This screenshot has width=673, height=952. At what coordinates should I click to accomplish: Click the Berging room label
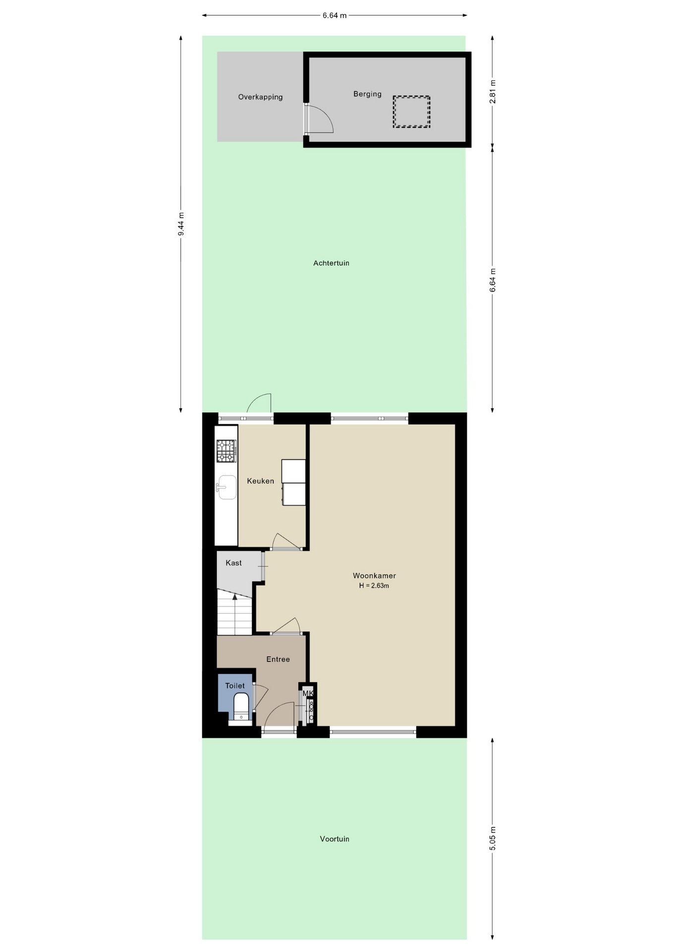[x=367, y=94]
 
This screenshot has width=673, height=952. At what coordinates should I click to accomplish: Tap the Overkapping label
[x=260, y=97]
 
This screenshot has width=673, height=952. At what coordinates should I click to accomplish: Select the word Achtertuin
[x=331, y=263]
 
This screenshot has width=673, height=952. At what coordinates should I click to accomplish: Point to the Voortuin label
[x=335, y=839]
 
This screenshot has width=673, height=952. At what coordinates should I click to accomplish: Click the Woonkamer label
[x=374, y=576]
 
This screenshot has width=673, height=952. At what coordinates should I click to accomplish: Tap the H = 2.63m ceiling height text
[x=374, y=586]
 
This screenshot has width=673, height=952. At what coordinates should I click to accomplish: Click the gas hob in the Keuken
[x=226, y=451]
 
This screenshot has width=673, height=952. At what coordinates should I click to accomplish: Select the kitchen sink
[x=226, y=487]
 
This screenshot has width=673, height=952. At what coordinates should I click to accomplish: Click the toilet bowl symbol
[x=241, y=707]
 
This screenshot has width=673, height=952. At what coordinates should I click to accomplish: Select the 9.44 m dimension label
[x=181, y=225]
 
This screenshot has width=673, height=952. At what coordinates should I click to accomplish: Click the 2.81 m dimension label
[x=493, y=92]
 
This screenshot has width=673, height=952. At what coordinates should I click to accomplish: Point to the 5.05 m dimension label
[x=493, y=838]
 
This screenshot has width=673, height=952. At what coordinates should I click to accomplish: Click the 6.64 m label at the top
[x=335, y=15]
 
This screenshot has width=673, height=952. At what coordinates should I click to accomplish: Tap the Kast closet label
[x=233, y=563]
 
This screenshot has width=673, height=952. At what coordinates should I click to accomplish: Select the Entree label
[x=278, y=659]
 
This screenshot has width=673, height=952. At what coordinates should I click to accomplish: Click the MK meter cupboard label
[x=308, y=693]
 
